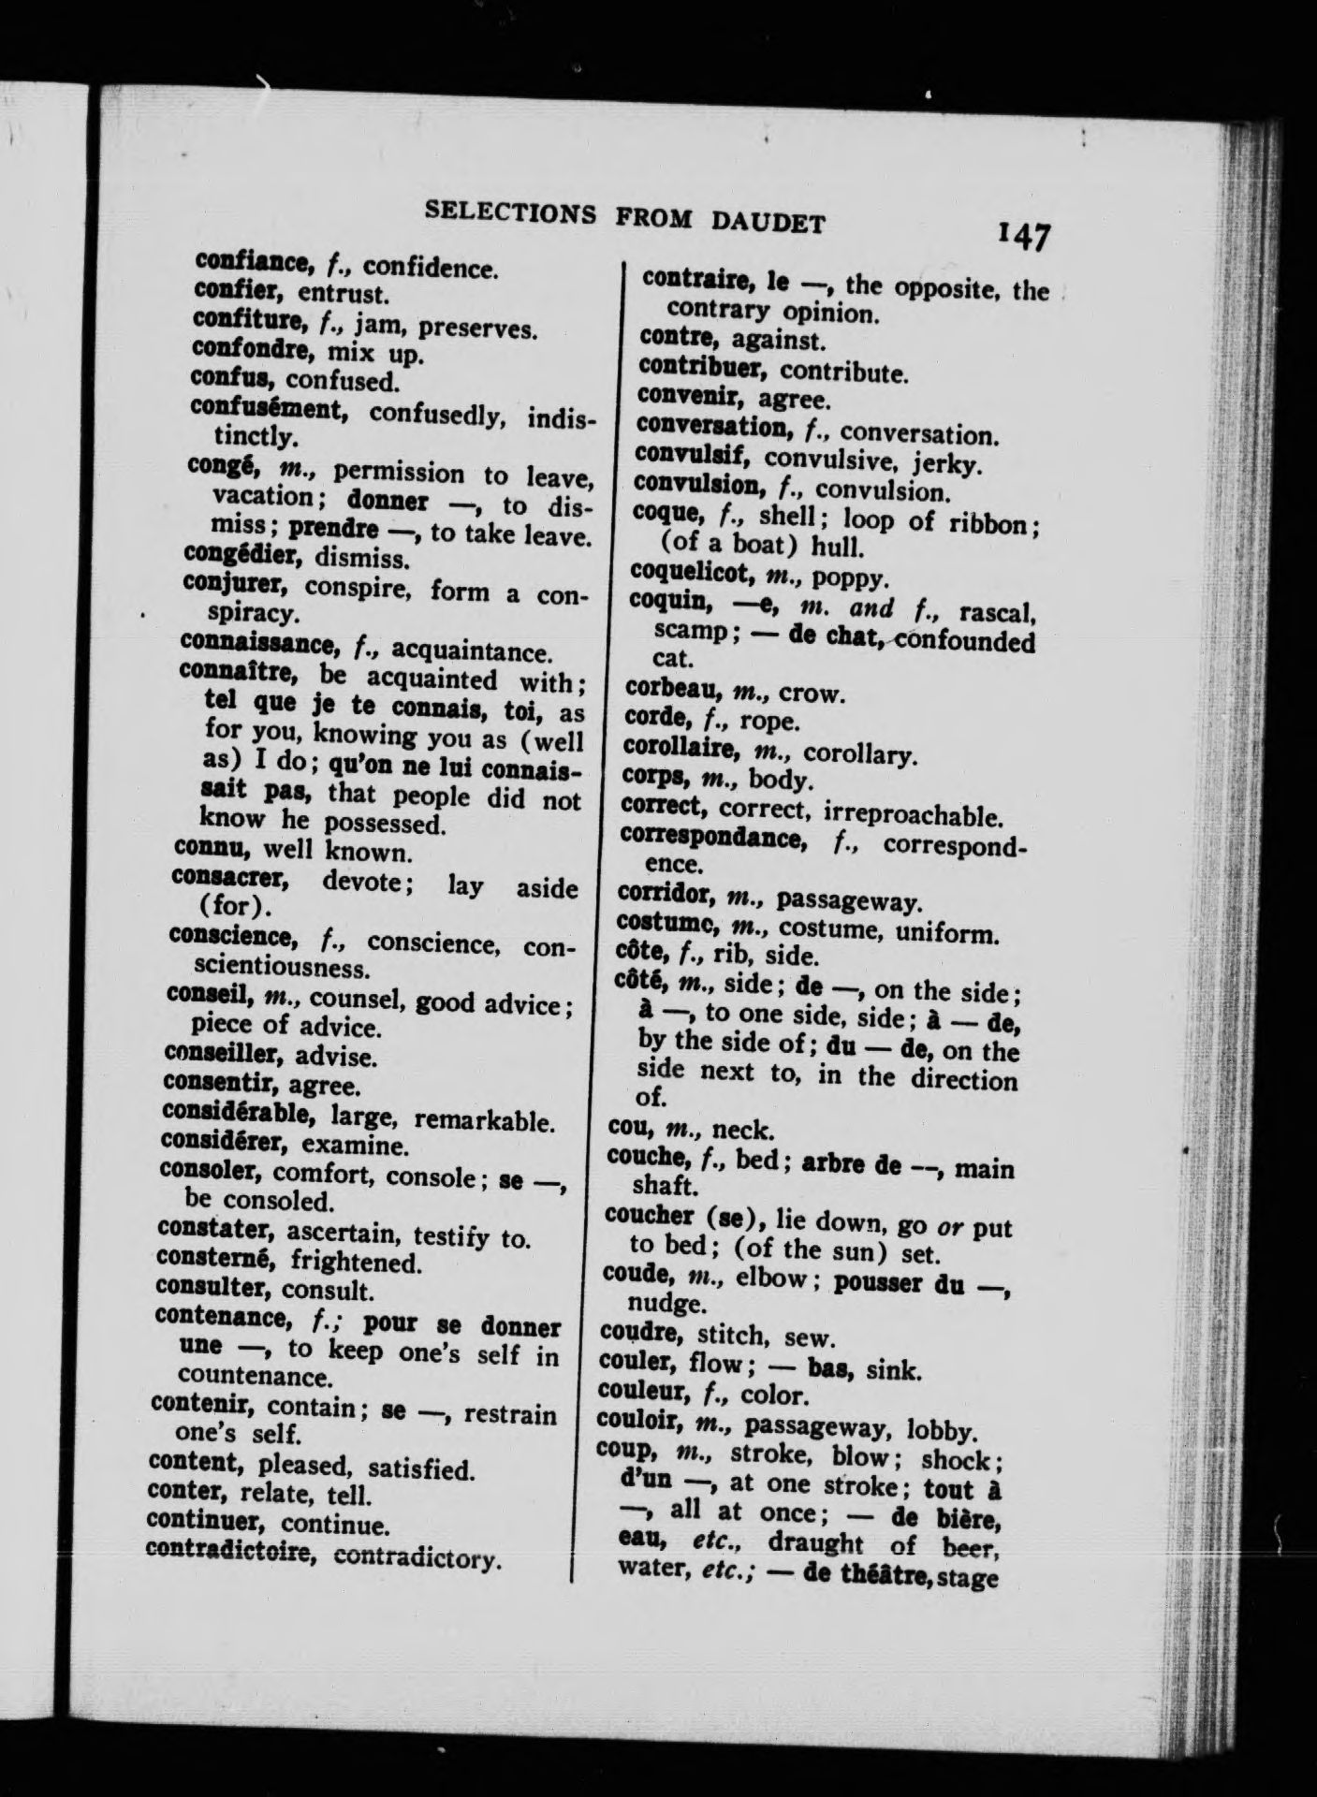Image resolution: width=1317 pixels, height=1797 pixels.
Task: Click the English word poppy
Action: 843,578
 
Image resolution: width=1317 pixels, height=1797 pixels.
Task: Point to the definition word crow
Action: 812,694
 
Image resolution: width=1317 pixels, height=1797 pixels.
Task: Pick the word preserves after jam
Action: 476,329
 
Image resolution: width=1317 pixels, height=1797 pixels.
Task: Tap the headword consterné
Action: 217,1262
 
